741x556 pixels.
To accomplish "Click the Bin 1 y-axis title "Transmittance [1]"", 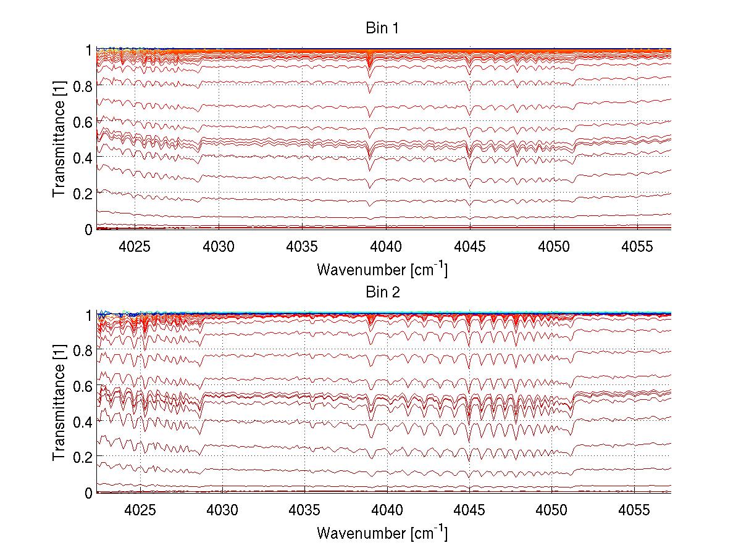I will pyautogui.click(x=59, y=139).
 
